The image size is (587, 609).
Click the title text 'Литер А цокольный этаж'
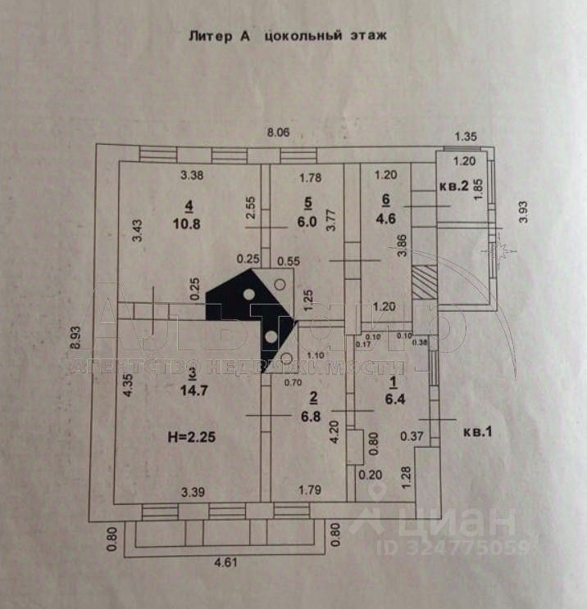[x=287, y=36]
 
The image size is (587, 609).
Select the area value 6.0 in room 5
[x=307, y=221]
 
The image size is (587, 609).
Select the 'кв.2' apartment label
[x=453, y=186]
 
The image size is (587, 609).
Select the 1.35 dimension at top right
[x=466, y=137]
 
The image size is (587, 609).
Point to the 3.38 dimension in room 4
[x=191, y=174]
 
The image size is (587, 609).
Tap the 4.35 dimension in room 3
[x=127, y=386]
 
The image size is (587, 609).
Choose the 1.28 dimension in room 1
[x=407, y=476]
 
